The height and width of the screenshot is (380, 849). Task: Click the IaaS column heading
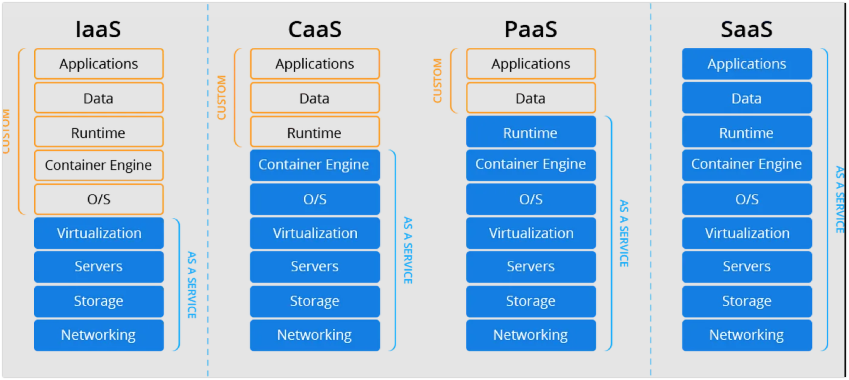coord(98,30)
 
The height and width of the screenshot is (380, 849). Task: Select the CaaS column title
coord(315,30)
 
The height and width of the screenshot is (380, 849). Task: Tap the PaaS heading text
coord(531,30)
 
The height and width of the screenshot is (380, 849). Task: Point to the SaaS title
coord(747,30)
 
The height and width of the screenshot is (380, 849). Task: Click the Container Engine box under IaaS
coord(99,165)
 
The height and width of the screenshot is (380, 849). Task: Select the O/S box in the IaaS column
coord(99,199)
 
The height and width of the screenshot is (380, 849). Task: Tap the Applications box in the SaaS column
coord(747,64)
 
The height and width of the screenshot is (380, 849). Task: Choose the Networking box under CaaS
coord(315,335)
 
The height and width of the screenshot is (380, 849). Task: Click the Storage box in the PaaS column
coord(531,301)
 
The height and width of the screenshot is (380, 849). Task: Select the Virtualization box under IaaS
coord(99,233)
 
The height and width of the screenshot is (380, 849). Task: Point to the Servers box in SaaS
coord(747,267)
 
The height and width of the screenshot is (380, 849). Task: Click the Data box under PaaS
coord(531,98)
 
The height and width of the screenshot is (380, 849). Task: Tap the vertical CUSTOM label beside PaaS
coord(437,81)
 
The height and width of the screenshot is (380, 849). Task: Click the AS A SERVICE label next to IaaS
coord(192,285)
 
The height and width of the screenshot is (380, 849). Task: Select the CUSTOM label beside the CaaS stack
coord(221,97)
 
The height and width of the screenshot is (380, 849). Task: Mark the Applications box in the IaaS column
coord(99,64)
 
